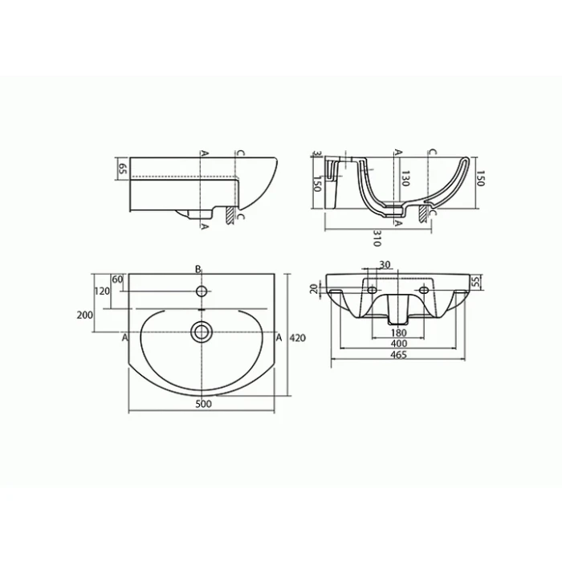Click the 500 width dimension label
pos(203,404)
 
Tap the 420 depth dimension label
pos(298,338)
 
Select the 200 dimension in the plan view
pos(84,315)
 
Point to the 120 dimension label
pos(102,291)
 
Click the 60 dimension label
pos(117,279)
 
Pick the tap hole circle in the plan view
pos(202,291)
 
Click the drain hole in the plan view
pos(202,332)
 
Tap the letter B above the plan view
pos(198,269)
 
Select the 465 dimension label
pos(398,355)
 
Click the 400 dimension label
pos(398,344)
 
